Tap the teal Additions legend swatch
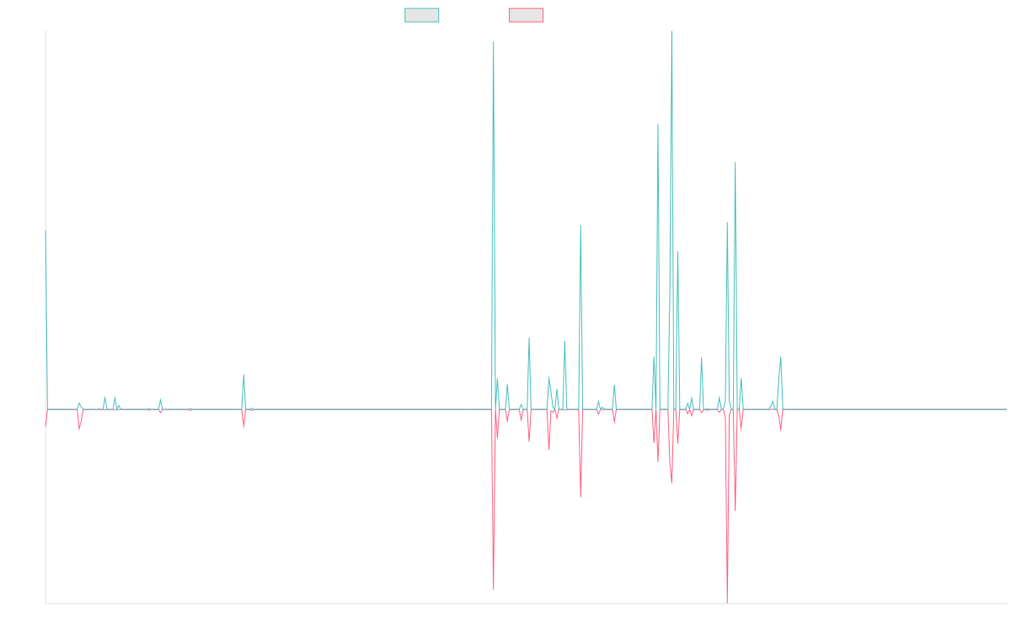point(422,15)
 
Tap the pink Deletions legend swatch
point(526,15)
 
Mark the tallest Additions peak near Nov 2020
point(494,42)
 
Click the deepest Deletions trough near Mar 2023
point(726,603)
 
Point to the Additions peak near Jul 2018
point(243,374)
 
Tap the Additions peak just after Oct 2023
point(781,357)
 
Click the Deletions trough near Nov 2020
point(494,588)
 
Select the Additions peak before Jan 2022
point(580,226)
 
